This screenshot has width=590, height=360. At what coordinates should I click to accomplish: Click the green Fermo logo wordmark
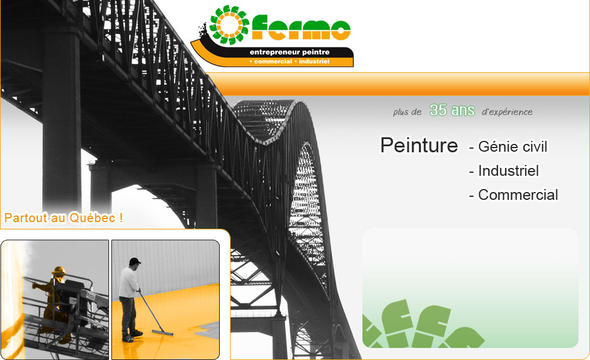(x=301, y=28)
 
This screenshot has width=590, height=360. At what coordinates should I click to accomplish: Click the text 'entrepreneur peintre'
(x=290, y=52)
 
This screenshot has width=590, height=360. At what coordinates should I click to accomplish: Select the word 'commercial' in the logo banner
(x=273, y=61)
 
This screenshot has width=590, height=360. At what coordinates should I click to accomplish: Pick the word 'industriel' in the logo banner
(x=314, y=61)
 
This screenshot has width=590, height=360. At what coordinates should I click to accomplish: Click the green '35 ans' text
(x=452, y=110)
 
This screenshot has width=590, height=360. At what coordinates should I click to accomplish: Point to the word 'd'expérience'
(x=507, y=112)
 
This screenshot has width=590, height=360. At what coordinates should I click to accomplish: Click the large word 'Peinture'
(x=419, y=145)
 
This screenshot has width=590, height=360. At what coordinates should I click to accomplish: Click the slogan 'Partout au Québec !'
(x=64, y=218)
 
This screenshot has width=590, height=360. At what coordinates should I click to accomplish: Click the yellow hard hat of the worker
(x=59, y=270)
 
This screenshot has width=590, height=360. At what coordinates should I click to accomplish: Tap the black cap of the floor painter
(x=134, y=261)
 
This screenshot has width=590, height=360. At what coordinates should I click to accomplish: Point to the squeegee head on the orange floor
(x=162, y=332)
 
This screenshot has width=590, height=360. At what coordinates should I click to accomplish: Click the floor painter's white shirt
(x=128, y=282)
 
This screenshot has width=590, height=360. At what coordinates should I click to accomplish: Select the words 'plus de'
(x=407, y=112)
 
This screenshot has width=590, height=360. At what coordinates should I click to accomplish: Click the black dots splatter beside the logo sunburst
(x=204, y=31)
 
